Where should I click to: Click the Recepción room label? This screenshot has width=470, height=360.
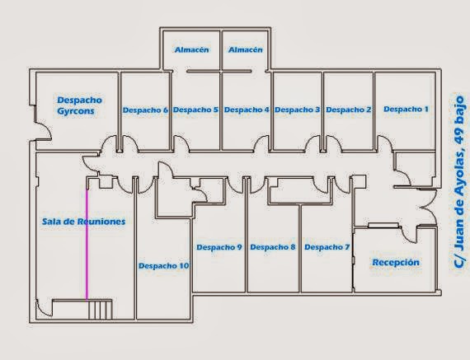[x=396, y=262]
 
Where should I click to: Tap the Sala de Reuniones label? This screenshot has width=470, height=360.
[x=83, y=222]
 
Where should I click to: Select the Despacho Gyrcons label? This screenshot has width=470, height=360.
[x=79, y=105]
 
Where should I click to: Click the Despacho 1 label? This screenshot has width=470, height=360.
[x=407, y=109]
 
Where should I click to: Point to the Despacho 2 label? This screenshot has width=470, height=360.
[x=348, y=110]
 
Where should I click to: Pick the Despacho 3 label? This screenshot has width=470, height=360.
[x=298, y=110]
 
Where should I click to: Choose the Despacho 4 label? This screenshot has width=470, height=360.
[x=247, y=110]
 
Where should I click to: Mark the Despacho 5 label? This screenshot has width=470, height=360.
[x=195, y=110]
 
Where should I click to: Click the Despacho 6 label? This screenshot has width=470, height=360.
[x=145, y=110]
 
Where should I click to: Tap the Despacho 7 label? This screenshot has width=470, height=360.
[x=327, y=247]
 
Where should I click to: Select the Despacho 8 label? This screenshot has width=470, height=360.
[x=273, y=247]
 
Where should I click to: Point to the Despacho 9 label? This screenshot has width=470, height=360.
[x=219, y=247]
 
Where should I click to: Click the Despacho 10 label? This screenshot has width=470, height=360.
[x=163, y=265]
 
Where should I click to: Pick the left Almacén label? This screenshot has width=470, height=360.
[x=191, y=49]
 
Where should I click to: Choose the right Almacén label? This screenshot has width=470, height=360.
[x=246, y=49]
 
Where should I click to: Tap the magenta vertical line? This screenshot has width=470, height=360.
[x=87, y=244]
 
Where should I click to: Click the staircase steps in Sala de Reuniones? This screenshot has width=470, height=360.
[x=101, y=310]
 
